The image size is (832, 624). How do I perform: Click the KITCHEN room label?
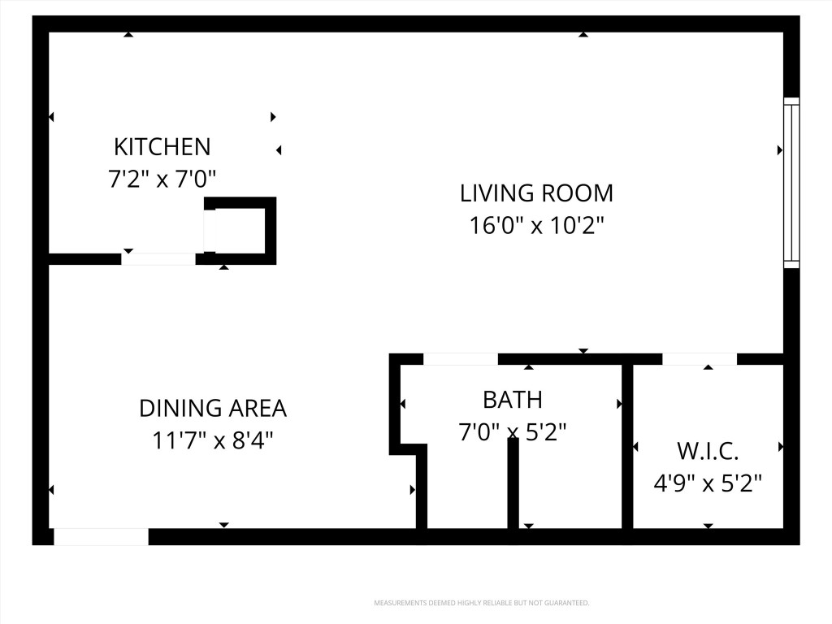[162, 146]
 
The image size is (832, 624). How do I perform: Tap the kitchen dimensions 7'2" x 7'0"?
[162, 179]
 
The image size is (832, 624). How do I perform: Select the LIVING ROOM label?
[536, 193]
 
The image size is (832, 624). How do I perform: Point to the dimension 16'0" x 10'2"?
[536, 225]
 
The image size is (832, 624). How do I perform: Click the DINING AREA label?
[213, 408]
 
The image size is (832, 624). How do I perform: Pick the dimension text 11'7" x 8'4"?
[213, 440]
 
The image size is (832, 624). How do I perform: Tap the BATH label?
[512, 400]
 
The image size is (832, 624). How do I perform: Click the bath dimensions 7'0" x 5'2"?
[512, 431]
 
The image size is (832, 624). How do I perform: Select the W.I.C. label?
[708, 451]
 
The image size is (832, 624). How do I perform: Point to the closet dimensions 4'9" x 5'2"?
[708, 483]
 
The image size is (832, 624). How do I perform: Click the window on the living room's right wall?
[791, 183]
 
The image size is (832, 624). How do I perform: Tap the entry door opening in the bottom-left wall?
[101, 536]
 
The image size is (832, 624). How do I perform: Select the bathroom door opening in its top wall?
[460, 358]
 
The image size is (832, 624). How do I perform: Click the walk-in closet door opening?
[700, 358]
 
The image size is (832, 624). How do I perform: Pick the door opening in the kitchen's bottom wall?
[158, 259]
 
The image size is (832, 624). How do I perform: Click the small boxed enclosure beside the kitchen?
[241, 230]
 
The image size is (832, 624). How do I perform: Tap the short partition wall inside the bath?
[513, 483]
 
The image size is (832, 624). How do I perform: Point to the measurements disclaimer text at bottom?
[481, 603]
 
